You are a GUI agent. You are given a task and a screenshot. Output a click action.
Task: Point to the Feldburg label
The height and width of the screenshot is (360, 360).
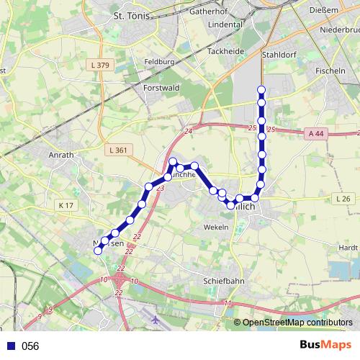[159, 62]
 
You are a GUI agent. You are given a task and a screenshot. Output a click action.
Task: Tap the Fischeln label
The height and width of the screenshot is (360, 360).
[331, 72]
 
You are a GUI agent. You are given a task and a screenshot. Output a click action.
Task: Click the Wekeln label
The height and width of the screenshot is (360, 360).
[216, 228]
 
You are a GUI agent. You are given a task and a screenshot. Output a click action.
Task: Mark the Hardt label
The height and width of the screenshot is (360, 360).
[348, 247]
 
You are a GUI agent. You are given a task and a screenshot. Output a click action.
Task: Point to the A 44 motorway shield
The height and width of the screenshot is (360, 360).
[316, 133]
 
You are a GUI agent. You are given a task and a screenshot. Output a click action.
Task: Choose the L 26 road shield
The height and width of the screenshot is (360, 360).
[342, 198]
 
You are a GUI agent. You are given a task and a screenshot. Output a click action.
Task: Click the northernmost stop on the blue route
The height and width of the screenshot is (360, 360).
[261, 90]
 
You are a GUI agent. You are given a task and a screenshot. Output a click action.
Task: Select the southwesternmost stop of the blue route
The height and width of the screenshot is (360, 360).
[99, 249]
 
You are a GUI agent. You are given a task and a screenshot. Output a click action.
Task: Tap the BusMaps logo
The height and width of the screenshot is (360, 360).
[326, 345]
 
